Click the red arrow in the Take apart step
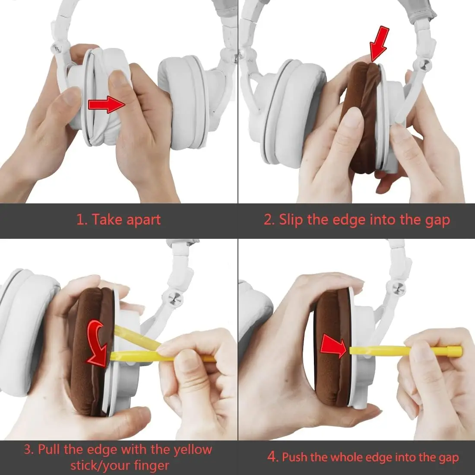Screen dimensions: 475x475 click(107, 104)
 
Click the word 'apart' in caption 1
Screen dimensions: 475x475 click(143, 220)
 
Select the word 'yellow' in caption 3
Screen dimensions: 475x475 click(192, 449)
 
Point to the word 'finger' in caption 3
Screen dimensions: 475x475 click(151, 465)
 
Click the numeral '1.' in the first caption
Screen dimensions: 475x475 click(82, 219)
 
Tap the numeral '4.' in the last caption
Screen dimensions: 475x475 click(273, 456)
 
